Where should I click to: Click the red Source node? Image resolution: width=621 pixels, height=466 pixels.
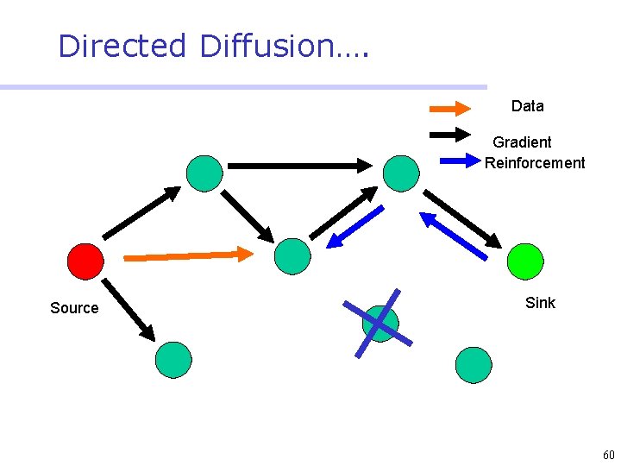(85, 261)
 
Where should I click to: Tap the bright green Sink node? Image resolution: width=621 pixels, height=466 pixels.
(525, 261)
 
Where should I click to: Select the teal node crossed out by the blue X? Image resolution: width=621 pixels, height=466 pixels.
(379, 324)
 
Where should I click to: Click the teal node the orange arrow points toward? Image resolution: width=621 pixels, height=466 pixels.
(292, 256)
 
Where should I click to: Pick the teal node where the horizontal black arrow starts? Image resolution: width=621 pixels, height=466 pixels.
(204, 173)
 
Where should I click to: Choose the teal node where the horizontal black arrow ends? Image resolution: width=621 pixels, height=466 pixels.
(401, 173)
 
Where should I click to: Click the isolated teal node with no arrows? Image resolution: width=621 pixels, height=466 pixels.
(473, 365)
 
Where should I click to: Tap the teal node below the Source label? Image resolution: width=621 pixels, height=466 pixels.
(173, 360)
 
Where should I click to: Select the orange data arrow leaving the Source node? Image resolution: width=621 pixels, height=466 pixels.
(189, 255)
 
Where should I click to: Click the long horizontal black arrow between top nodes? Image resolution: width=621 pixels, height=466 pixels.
(298, 165)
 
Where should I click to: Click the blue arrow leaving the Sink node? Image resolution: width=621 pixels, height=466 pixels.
(453, 235)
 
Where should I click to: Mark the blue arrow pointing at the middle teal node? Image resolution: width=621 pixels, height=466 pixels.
(354, 227)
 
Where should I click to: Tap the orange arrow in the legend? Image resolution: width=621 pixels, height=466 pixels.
(449, 109)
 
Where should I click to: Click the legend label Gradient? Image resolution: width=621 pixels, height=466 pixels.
(522, 142)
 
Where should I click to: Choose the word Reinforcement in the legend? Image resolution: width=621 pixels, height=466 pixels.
(534, 163)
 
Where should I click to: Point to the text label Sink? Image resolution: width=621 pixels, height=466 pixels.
(540, 303)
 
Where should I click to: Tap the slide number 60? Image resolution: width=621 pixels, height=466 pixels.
(608, 455)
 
